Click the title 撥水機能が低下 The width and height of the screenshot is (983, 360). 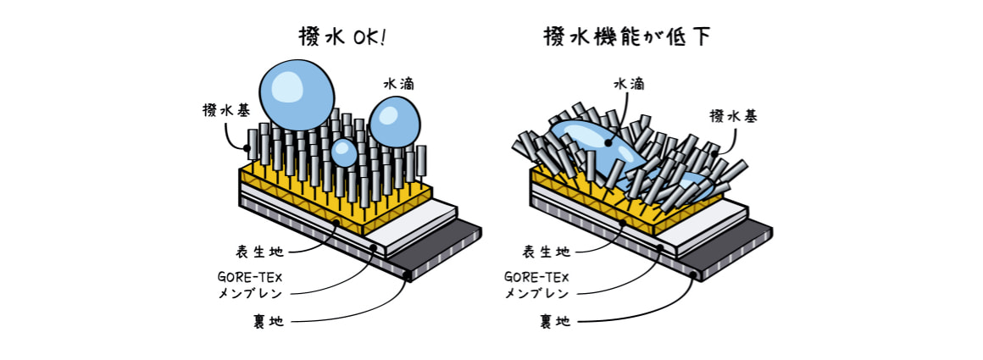coord(627,36)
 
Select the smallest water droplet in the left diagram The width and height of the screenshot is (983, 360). coord(344,152)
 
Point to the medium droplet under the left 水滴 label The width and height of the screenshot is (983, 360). coord(394,122)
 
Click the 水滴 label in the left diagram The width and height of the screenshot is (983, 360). coord(399,84)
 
